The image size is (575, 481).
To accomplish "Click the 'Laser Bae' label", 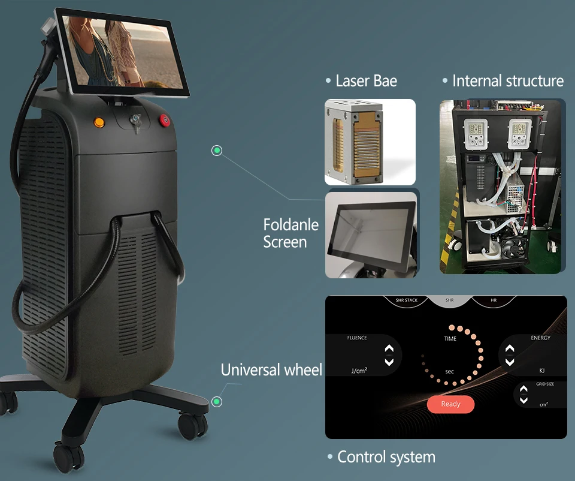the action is pos(366,81).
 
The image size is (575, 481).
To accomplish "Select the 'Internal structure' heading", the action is pos(508,81).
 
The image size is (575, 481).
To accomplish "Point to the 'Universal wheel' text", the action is pos(271,369).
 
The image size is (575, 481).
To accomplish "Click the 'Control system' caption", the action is pos(386,457).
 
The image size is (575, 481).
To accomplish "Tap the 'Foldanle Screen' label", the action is pos(291,233).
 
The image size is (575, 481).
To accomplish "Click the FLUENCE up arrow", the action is pos(389,348).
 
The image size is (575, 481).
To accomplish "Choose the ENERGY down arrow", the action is pos(510,362).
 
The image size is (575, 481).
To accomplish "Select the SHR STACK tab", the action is pos(407,300).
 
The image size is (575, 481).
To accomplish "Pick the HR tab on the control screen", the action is pos(493,300).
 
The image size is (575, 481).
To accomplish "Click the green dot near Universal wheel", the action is pos(217,401).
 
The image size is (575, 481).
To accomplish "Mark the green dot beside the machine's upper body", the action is pos(217,151).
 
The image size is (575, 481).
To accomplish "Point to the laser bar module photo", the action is pos(370,142).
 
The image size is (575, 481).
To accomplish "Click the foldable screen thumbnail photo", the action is pos(371,234).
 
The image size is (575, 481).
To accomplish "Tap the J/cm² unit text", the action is pos(359,371).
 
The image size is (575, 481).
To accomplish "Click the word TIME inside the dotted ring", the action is pos(450,339).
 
